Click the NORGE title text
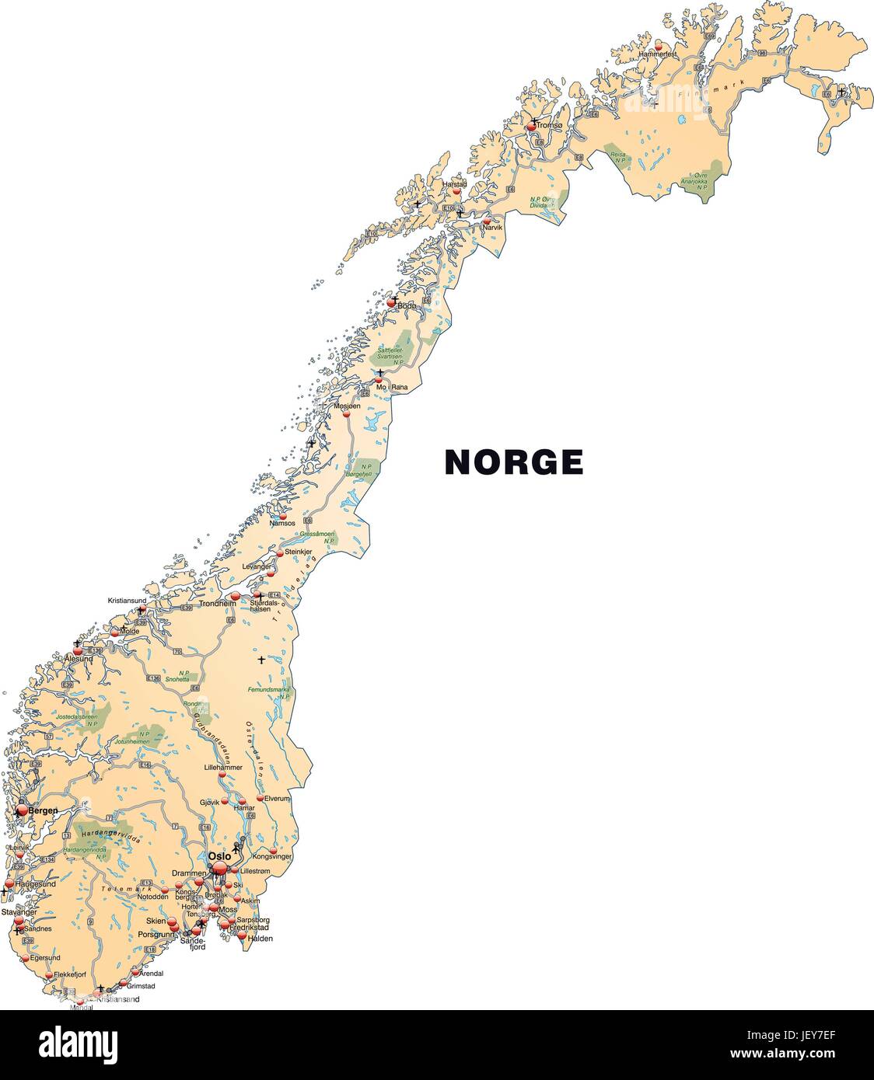point(513,462)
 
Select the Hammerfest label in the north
point(658,54)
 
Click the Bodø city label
point(407,306)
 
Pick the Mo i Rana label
point(391,386)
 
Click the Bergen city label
point(44,810)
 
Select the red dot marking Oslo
point(220,868)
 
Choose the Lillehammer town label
point(223,767)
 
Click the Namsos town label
point(282,523)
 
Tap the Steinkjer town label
point(299,552)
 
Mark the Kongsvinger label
point(272,856)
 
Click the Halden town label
point(260,939)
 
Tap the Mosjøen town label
point(347,406)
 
